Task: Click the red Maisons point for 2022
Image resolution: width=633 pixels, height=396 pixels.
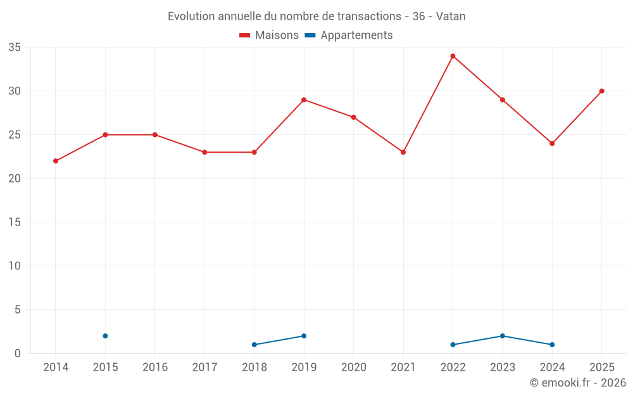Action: coord(453,56)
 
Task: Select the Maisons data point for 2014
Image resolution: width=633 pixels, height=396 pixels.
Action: coord(56,161)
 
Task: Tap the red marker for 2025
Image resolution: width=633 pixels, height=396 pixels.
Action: coord(602,91)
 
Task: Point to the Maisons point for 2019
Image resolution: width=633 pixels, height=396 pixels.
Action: coord(304,100)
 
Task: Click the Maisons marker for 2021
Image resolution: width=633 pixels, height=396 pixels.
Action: coord(403,152)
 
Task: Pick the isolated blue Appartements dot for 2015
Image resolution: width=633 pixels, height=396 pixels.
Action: coord(105,336)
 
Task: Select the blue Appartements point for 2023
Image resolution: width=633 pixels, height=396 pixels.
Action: coord(503,336)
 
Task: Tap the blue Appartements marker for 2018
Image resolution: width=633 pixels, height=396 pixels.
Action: coord(254,345)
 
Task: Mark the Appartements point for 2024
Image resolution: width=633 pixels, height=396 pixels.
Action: coord(552,345)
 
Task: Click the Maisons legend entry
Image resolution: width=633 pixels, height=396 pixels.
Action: coord(269,35)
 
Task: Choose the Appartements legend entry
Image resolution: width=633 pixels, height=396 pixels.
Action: coord(349,35)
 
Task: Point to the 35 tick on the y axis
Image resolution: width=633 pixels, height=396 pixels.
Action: coord(15,48)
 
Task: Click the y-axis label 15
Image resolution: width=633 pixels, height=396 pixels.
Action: coord(15,222)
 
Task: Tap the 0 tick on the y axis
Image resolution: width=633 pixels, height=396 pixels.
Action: coord(17,354)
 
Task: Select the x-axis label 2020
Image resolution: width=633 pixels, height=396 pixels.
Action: coord(354,367)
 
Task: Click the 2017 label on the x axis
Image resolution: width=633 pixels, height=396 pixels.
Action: coord(204,367)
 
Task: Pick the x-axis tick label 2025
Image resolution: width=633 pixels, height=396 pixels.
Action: coord(602,367)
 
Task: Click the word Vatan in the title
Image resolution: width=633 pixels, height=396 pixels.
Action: coord(451,16)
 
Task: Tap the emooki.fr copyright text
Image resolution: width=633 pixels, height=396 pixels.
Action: coord(578,383)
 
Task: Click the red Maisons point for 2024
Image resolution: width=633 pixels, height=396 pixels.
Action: coord(552,144)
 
